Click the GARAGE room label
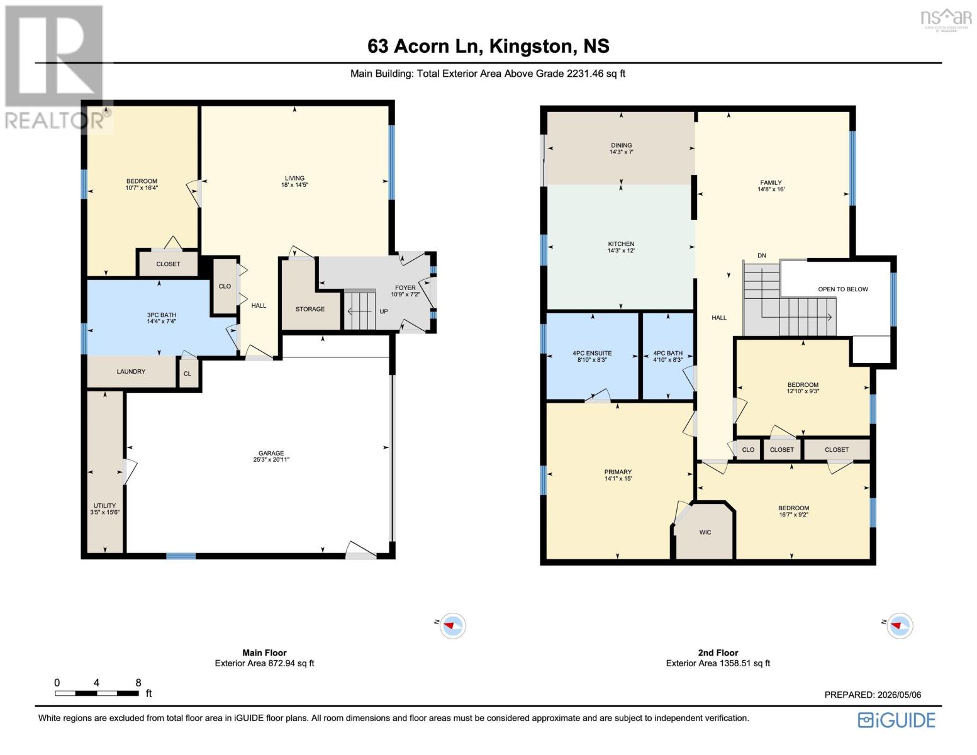point(271,453)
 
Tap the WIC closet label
point(705,532)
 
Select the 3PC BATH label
point(162,315)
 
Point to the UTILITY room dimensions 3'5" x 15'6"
point(105,512)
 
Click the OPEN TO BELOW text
point(843,289)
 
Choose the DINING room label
point(622,145)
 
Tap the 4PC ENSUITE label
point(592,354)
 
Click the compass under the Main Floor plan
point(452,625)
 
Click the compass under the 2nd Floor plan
point(900,625)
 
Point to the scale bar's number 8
point(138,683)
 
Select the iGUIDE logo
point(896,720)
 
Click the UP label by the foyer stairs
point(384,311)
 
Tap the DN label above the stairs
point(762,255)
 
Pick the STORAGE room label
point(310,309)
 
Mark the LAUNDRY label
point(131,371)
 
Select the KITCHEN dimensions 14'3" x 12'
point(621,250)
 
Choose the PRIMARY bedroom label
point(618,472)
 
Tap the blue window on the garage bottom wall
point(181,556)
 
